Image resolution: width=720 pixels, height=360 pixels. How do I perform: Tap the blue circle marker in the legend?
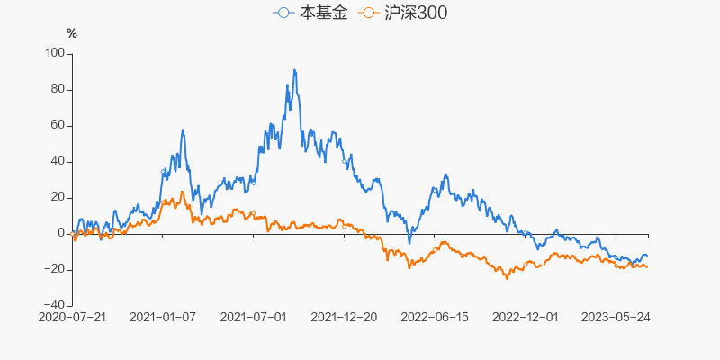point(284,13)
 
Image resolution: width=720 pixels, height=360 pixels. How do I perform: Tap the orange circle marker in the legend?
point(367,13)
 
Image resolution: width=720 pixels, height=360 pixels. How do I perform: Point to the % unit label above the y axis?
point(72,33)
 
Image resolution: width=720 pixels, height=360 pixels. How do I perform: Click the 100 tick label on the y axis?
point(55,53)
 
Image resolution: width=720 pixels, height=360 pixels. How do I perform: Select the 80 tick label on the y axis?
point(58,89)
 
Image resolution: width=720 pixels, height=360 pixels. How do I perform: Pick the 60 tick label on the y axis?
point(58,125)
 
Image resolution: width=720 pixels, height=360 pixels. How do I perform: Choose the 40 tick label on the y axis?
point(58,161)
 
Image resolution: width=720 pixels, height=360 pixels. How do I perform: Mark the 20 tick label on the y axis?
point(58,197)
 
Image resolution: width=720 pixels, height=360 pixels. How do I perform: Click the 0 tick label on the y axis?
point(62,233)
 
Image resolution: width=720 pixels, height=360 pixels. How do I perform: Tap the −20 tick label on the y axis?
point(55,269)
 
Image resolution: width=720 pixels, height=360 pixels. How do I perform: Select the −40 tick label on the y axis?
point(55,305)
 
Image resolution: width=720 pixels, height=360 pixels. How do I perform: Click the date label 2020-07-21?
point(73,317)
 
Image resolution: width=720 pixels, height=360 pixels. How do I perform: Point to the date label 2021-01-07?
point(163,317)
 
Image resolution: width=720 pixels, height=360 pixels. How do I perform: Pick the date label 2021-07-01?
point(253,317)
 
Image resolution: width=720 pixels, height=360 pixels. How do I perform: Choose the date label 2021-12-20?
point(344,317)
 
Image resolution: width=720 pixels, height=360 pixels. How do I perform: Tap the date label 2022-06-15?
point(435,317)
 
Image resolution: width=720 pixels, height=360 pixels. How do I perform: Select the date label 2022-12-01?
point(525,317)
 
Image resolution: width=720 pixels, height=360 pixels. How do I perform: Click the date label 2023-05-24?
point(616,317)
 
